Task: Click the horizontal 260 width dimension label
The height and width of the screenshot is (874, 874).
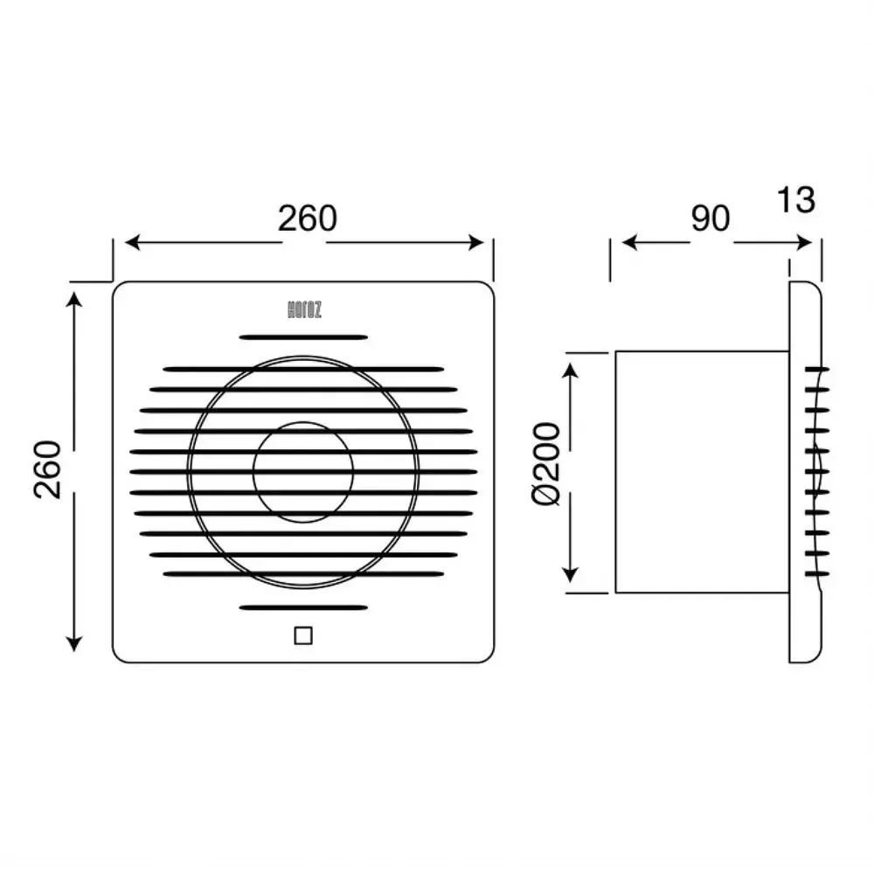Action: (307, 218)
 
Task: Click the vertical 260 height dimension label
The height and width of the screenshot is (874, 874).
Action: (47, 469)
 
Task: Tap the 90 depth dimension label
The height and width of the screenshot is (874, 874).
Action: (710, 218)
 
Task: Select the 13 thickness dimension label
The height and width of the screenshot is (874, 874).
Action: (796, 199)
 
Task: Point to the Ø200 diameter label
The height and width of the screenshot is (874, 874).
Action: (545, 464)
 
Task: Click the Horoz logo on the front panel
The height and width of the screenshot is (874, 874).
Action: (304, 310)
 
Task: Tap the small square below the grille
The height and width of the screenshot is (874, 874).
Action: (303, 635)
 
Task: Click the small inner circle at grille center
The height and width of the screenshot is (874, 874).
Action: (303, 422)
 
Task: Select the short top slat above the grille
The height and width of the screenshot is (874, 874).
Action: (303, 337)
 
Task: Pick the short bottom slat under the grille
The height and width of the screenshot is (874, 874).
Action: (303, 607)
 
